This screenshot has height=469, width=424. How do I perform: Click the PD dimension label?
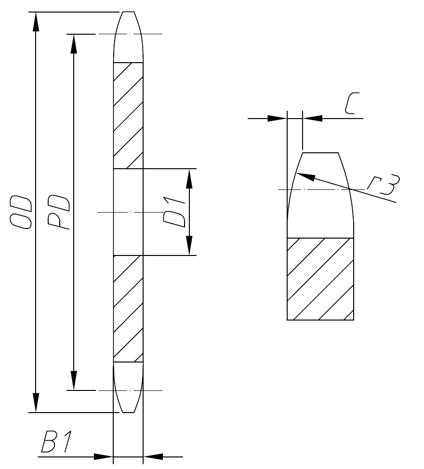(x=59, y=212)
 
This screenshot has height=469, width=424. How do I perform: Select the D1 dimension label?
(x=174, y=212)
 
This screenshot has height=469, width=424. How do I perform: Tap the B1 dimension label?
(x=56, y=442)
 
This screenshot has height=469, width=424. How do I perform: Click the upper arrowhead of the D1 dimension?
(x=189, y=178)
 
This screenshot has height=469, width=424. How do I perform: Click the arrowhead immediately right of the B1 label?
(x=104, y=456)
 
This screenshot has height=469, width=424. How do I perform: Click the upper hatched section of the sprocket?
(x=128, y=116)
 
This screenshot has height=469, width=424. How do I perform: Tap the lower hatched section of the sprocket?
(x=128, y=308)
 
